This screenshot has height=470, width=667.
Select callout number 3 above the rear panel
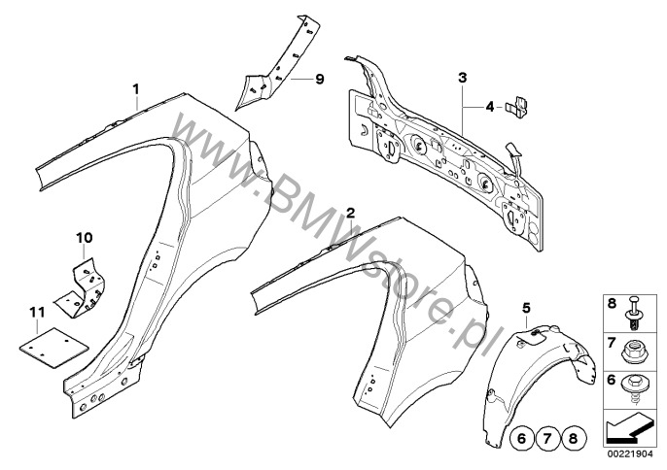[463, 76]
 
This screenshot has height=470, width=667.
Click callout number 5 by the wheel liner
[526, 308]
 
